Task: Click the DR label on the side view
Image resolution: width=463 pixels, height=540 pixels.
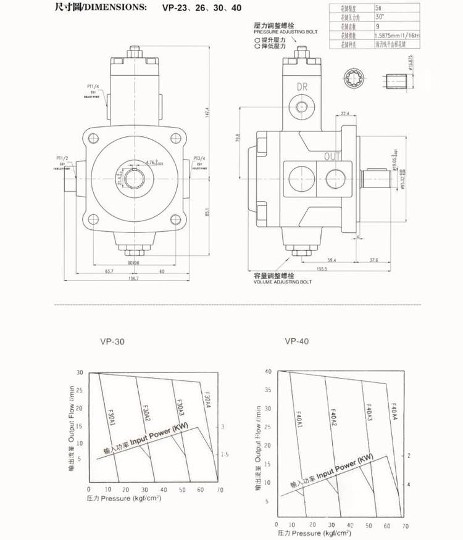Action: (302, 86)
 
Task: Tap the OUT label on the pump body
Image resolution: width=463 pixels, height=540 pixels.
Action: (333, 157)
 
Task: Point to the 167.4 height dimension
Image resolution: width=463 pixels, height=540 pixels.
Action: (207, 110)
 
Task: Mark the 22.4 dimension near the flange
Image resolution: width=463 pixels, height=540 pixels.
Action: (344, 114)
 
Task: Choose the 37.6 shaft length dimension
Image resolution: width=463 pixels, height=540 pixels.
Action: (374, 260)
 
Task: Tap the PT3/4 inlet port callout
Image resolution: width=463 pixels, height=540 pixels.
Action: (199, 158)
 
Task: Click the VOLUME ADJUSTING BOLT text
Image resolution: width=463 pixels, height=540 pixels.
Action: (283, 282)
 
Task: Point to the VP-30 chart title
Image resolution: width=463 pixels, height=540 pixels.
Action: (113, 341)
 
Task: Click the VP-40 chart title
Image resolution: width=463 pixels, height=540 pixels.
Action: (297, 341)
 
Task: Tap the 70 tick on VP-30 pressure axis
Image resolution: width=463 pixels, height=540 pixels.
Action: (220, 489)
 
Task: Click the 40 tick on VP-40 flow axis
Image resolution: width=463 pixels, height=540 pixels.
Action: (269, 372)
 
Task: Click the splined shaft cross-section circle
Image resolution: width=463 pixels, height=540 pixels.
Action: (356, 81)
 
